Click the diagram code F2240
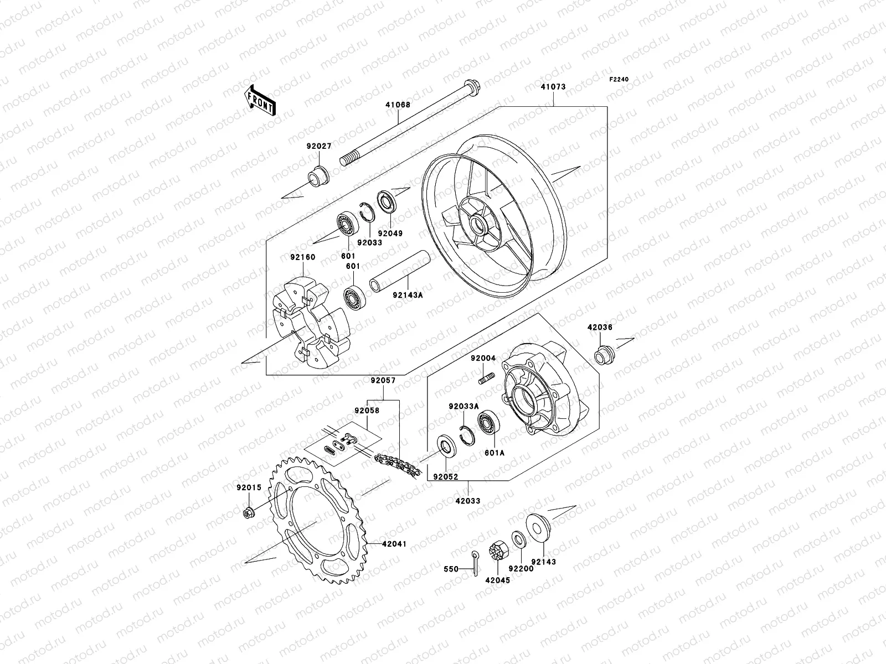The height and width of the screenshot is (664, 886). coord(620,80)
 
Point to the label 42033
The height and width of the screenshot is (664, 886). coord(468,501)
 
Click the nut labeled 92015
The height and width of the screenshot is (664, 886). coord(248,512)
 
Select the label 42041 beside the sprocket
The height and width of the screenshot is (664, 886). coord(394,544)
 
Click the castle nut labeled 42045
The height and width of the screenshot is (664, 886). coord(496,552)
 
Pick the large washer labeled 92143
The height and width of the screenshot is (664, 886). coord(536,523)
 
